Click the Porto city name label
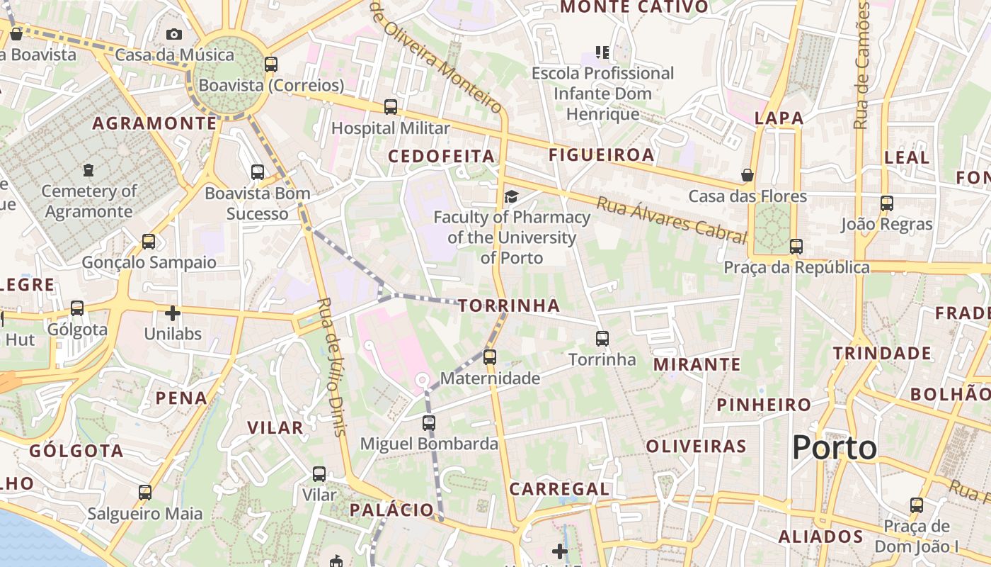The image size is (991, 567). pos(834,448)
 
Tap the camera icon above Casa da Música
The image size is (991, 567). pos(173,34)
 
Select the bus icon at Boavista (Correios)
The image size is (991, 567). pos(270,64)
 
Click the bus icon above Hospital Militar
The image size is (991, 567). pos(391,107)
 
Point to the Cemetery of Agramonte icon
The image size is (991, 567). pos(88,170)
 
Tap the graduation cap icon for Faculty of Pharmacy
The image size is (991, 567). pos(511,196)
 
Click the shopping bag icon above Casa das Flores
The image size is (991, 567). pos(747,175)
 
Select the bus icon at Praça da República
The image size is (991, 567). pos(796,247)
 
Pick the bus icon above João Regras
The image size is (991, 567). pos(887,203)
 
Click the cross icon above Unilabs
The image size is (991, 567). pos(173,313)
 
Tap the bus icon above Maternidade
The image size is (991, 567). pos(490,357)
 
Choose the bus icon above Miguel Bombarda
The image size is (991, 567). pos(429,423)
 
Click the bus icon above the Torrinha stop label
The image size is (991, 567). pos(602,339)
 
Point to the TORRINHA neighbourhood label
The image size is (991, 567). pos(509,306)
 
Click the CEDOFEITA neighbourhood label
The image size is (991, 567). pos(441,156)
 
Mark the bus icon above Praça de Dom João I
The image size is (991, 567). pos(917,505)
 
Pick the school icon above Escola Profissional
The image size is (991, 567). pos(602,52)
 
